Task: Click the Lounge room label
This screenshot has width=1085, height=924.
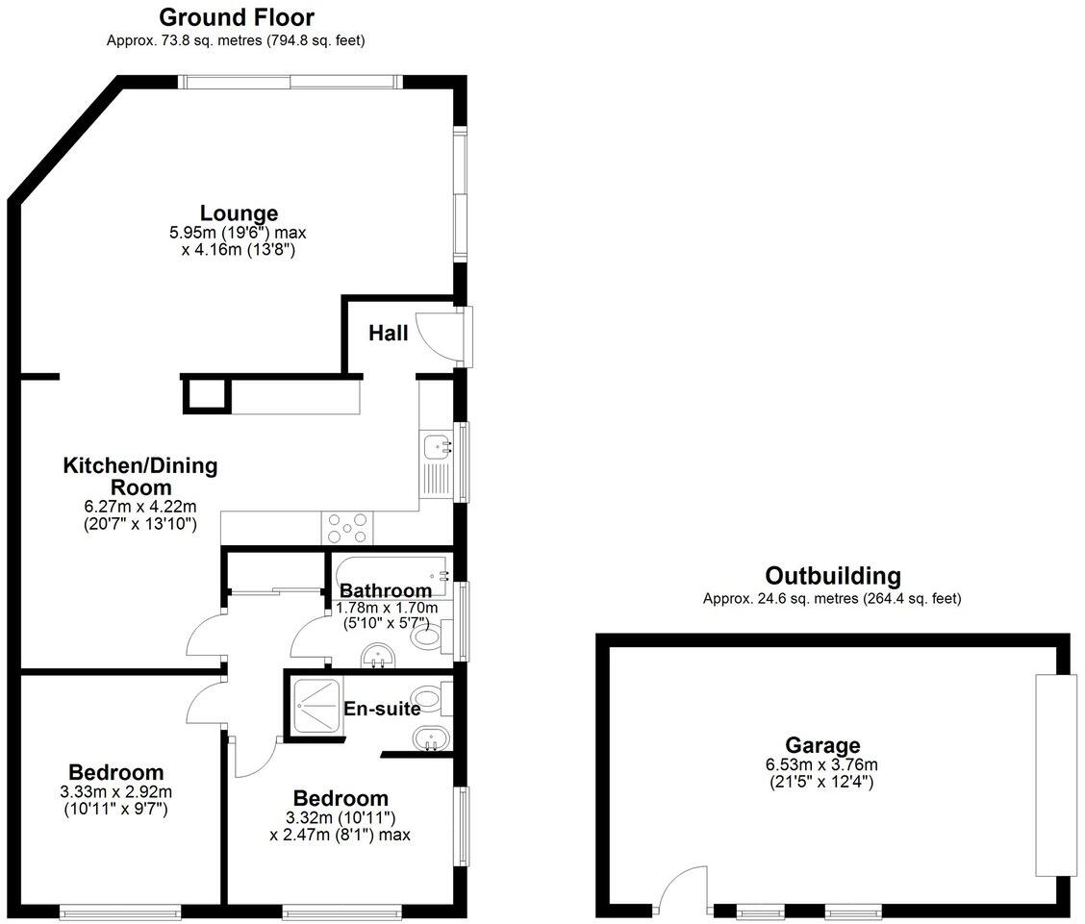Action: point(239,213)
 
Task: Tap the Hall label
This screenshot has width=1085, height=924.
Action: point(389,334)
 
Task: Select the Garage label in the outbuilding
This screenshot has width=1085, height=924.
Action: point(822,745)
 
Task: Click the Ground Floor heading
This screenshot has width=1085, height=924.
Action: point(237,17)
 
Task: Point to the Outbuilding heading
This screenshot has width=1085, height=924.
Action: point(833,576)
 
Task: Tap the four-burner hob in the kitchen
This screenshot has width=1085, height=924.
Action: point(347,528)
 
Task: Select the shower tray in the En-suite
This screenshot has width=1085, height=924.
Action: point(314,708)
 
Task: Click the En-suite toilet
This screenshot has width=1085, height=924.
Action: point(429,698)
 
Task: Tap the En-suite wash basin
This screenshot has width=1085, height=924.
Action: point(428,739)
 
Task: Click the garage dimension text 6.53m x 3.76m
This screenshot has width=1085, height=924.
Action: point(822,765)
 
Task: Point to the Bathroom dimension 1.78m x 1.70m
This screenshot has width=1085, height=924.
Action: point(387,608)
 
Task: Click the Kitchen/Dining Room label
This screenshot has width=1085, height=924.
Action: point(140,477)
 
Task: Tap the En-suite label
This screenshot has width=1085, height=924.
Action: point(382,710)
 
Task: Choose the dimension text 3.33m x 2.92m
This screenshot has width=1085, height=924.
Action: point(115,792)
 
